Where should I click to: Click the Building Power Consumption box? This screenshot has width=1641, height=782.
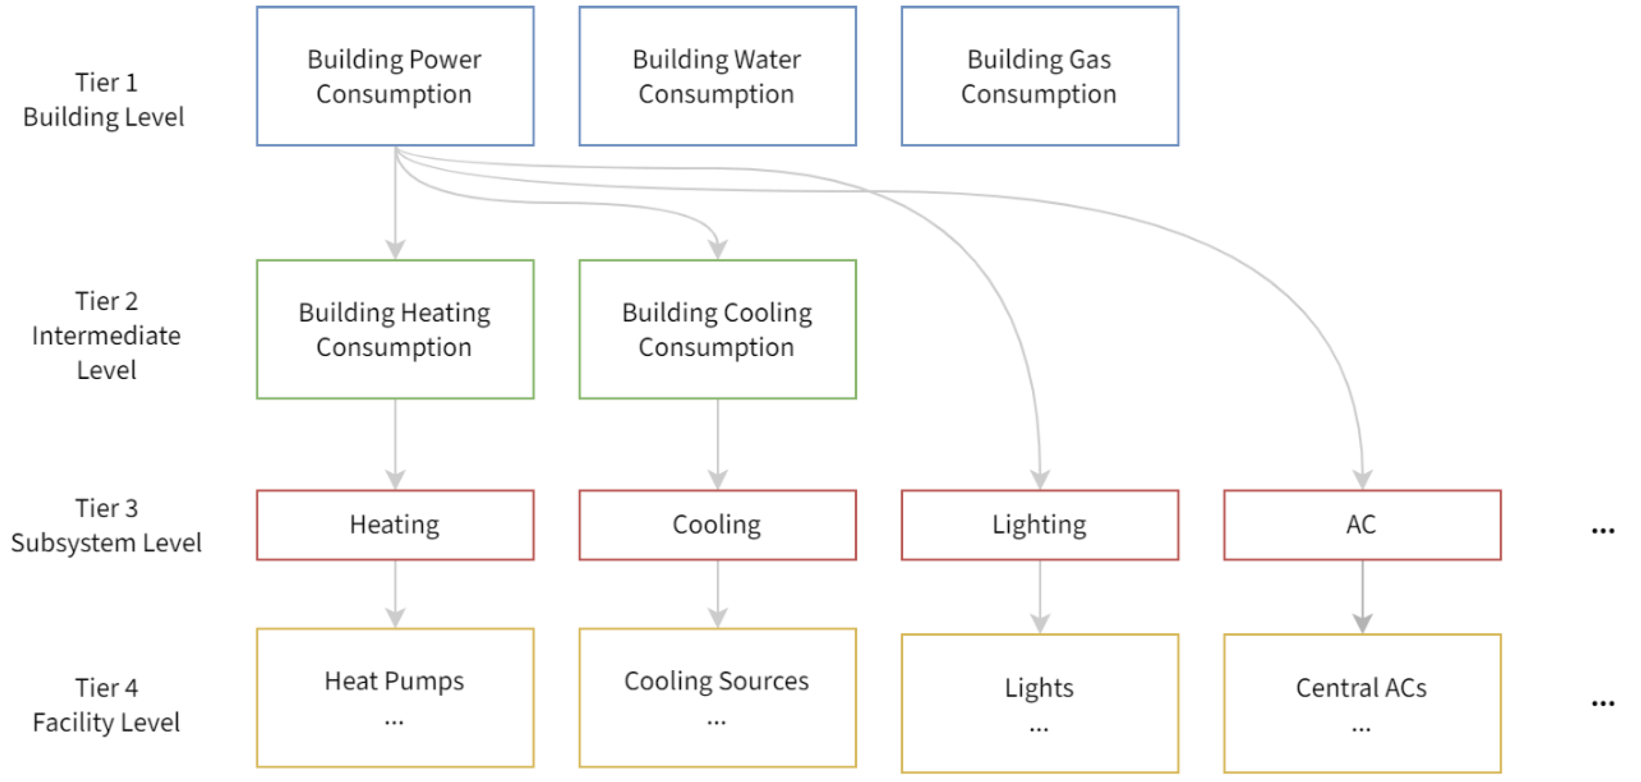click(395, 76)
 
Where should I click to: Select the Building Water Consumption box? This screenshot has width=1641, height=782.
click(717, 76)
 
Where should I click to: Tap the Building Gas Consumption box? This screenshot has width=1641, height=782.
click(1040, 76)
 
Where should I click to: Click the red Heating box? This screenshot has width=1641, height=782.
click(395, 525)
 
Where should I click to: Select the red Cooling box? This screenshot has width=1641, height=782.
click(717, 525)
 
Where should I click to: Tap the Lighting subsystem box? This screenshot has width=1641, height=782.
click(1040, 525)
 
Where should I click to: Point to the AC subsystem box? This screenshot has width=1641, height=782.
click(1362, 525)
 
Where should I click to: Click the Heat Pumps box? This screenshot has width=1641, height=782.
click(395, 697)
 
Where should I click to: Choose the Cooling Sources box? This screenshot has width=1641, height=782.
click(717, 697)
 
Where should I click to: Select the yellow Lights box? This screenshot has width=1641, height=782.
click(1040, 703)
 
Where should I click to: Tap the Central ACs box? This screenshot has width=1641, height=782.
click(1362, 703)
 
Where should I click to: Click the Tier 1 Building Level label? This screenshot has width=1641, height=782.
click(104, 100)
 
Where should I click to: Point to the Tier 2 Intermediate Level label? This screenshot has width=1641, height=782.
click(106, 336)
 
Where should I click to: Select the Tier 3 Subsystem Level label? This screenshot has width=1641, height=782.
click(106, 525)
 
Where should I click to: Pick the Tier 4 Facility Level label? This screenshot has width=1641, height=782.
click(106, 705)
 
